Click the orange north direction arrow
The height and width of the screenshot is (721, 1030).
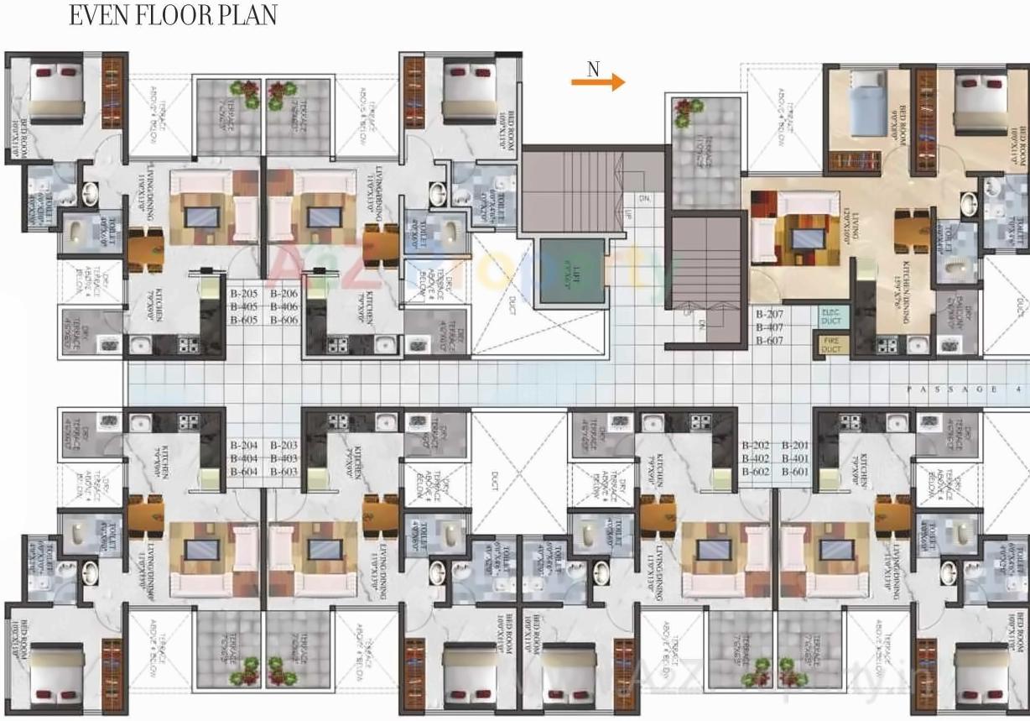598,82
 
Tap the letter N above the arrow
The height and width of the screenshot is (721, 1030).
593,69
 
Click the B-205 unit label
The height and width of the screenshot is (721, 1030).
245,295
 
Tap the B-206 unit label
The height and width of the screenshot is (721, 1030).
284,295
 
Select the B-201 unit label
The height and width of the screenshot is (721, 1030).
796,446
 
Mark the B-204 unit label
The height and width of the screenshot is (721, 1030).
245,446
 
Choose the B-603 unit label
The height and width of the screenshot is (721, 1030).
284,473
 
